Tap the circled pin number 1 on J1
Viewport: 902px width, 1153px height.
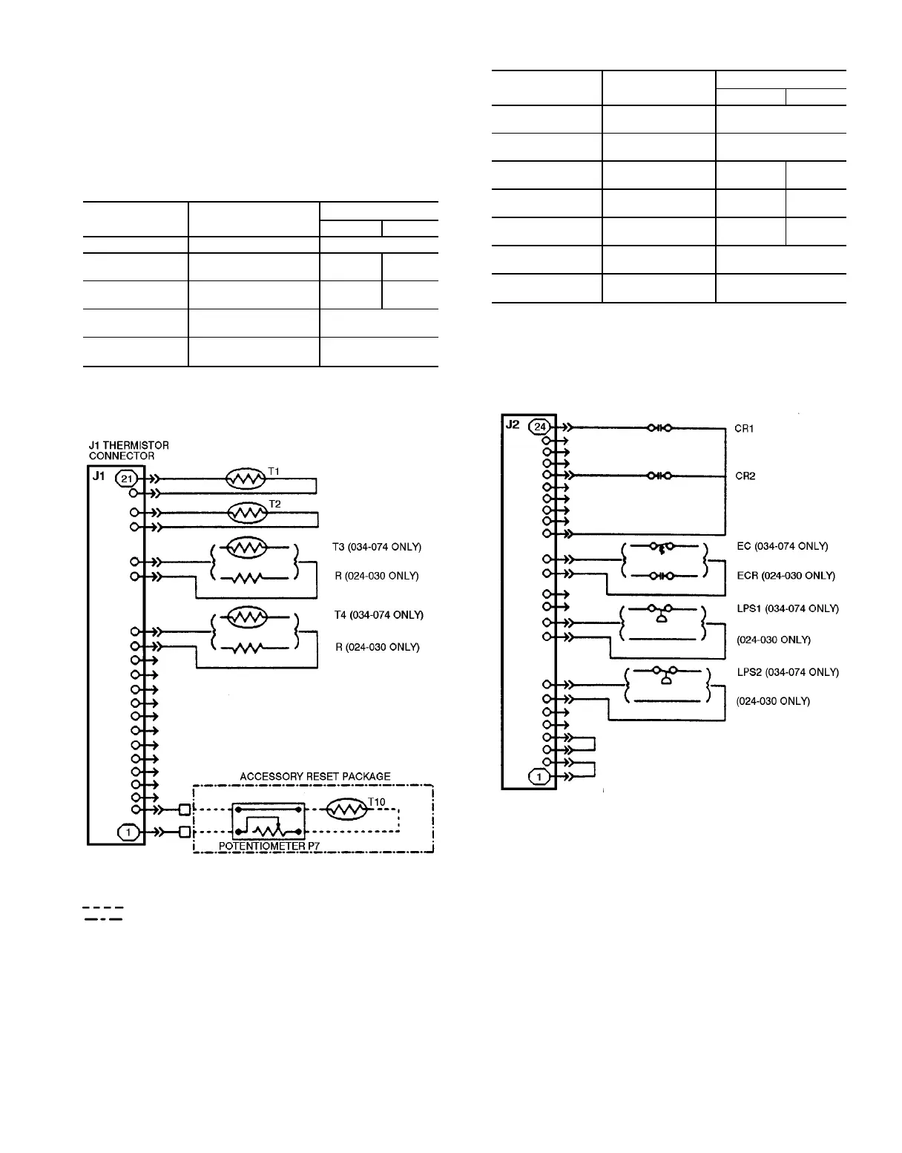click(128, 832)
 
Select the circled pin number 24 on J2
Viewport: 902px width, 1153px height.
click(541, 427)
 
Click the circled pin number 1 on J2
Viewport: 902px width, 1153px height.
click(539, 777)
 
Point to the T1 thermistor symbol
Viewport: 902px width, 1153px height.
click(246, 479)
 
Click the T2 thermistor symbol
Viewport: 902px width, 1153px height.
click(248, 512)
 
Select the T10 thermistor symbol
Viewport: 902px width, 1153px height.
click(346, 809)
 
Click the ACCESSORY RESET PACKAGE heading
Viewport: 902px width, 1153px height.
click(315, 776)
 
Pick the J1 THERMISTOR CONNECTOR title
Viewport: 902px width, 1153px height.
click(128, 450)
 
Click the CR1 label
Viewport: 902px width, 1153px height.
click(745, 429)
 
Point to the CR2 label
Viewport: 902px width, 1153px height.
click(745, 476)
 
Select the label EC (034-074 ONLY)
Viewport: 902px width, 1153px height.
click(782, 546)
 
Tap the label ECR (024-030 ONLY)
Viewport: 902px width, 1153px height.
click(785, 576)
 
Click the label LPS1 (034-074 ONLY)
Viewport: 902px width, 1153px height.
click(787, 608)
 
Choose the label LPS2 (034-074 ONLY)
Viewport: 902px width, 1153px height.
click(787, 672)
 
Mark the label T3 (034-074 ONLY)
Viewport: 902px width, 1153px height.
click(377, 547)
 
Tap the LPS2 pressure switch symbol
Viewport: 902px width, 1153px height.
click(665, 676)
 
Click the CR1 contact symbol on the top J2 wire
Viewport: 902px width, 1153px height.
click(659, 427)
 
